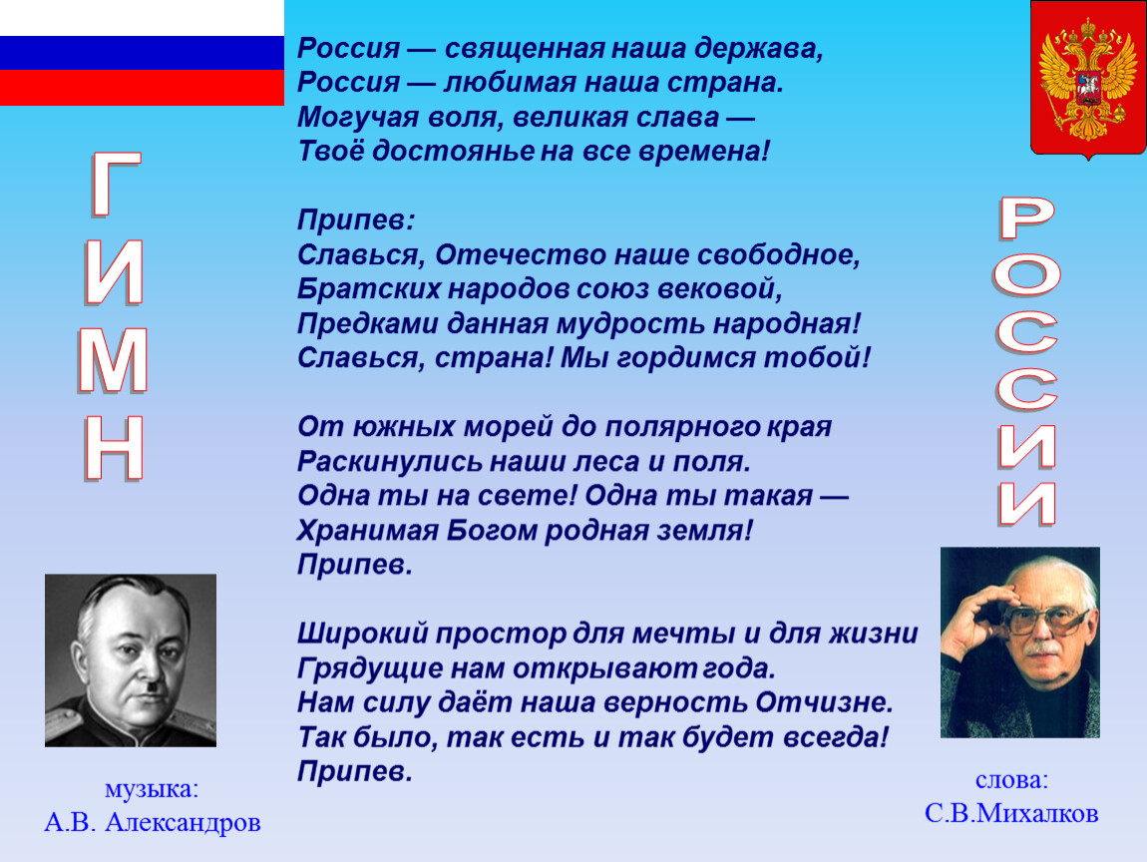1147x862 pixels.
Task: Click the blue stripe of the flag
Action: (142, 53)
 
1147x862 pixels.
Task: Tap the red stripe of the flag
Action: (142, 88)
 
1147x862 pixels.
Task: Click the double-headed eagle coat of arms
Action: (1088, 79)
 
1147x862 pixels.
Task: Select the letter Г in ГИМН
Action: (116, 185)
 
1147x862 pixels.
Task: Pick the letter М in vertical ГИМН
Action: (113, 361)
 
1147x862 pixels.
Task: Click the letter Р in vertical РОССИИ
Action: (1027, 218)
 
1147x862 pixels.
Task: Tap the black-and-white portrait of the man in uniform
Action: (131, 660)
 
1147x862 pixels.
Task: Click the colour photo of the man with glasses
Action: (1019, 642)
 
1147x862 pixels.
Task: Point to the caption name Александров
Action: (183, 822)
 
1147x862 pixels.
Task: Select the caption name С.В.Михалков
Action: (1011, 813)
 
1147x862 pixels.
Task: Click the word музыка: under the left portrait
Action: (152, 789)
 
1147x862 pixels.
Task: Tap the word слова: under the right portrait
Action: (1011, 780)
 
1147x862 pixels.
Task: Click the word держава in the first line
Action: (759, 49)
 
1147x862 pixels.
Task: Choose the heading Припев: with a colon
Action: (356, 220)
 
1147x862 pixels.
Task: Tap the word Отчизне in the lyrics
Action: (825, 702)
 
